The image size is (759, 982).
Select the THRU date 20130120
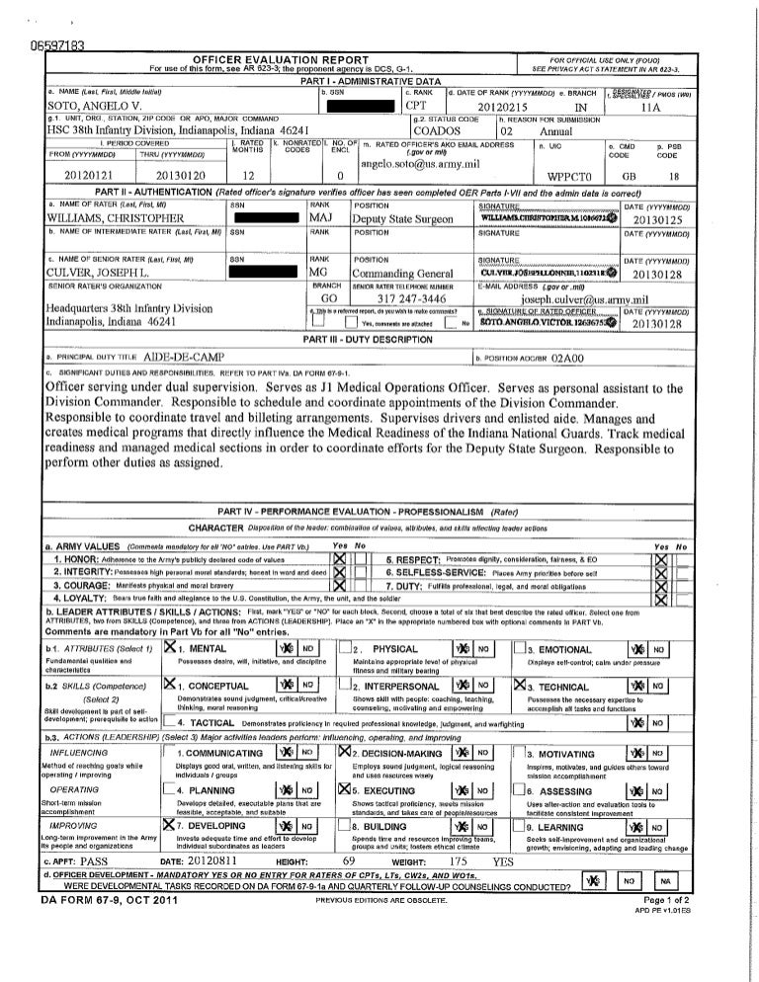click(178, 175)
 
